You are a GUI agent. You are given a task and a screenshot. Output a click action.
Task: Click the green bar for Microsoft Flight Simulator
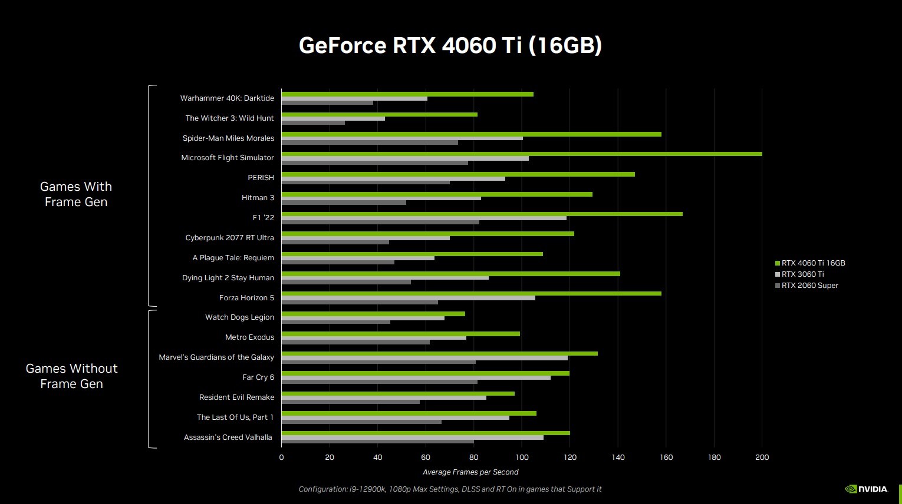pos(521,154)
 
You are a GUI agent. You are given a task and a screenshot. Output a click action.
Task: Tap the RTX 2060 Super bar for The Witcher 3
pos(313,122)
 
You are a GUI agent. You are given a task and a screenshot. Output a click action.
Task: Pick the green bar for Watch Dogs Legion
pos(373,314)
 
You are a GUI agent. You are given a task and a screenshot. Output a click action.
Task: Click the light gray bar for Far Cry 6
pos(416,377)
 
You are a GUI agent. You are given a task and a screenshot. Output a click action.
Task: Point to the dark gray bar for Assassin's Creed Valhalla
pos(377,442)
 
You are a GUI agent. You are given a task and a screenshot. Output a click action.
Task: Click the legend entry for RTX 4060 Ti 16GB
pos(812,263)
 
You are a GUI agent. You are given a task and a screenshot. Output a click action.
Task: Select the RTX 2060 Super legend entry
pos(809,286)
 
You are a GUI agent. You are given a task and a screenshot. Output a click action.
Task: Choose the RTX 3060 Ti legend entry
pos(802,274)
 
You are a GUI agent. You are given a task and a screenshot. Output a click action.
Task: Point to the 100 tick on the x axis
pos(522,457)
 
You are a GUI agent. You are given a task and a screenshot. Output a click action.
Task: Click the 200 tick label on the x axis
pos(762,457)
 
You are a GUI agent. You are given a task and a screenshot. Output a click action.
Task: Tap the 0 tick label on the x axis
pos(281,457)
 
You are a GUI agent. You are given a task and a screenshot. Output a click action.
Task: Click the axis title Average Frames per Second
pos(470,472)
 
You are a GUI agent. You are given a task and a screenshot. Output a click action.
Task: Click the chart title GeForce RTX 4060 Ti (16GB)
pos(450,45)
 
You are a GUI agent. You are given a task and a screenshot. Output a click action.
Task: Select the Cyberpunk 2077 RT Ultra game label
pos(229,238)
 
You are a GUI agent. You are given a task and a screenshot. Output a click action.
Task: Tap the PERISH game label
pos(261,178)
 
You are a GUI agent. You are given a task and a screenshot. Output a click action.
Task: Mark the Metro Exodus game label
pos(249,337)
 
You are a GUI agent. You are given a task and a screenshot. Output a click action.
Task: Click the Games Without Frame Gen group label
pos(71,376)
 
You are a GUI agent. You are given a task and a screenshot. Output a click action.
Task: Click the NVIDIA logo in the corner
pos(866,489)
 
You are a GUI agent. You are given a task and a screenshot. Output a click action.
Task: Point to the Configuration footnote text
pos(450,489)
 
